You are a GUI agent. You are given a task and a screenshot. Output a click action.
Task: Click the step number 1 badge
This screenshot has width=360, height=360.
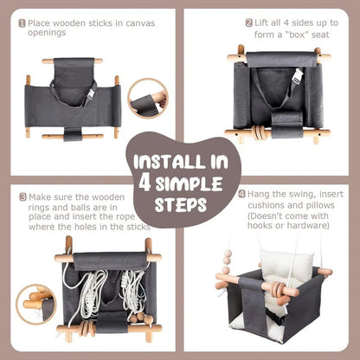(x=22, y=23)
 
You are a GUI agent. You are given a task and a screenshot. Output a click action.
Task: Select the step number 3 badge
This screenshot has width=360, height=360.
(x=22, y=197)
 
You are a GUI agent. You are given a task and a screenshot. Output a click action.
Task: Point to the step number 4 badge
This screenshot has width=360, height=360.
(x=241, y=194)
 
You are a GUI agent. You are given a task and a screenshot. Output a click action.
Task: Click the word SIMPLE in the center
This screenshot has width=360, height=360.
(x=192, y=183)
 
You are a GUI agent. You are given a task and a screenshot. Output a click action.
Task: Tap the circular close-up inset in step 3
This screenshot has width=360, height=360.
(x=37, y=304)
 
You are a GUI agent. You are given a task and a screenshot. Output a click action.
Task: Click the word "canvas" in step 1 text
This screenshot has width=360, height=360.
(x=137, y=23)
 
